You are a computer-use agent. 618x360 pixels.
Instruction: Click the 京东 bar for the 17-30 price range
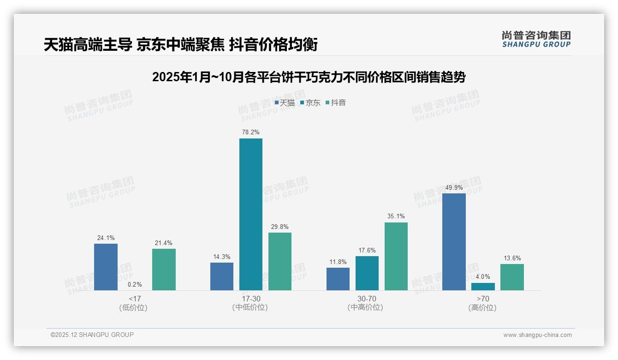(250, 214)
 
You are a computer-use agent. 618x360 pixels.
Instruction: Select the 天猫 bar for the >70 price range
(454, 242)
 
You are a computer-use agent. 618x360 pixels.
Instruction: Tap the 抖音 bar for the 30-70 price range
(396, 256)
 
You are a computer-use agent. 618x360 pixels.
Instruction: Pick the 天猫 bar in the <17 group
(106, 267)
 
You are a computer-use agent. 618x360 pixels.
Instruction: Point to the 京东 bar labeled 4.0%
(483, 287)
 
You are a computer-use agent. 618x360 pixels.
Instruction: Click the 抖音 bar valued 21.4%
(164, 270)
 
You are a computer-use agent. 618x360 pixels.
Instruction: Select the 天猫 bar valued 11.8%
(338, 279)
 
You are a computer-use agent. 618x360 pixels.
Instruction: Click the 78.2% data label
(250, 132)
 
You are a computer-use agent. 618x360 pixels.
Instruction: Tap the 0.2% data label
(135, 284)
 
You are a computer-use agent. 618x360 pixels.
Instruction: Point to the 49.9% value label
(454, 187)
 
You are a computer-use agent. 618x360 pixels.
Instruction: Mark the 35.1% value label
(396, 216)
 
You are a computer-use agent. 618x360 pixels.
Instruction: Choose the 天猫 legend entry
(285, 103)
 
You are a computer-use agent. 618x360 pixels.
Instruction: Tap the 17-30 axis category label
(250, 299)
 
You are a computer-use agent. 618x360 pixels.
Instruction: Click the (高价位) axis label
(483, 308)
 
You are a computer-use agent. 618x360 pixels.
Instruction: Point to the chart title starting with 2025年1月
(309, 77)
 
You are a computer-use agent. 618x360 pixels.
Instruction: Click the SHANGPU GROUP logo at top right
(536, 39)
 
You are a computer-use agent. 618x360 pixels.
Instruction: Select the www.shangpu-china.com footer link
(537, 335)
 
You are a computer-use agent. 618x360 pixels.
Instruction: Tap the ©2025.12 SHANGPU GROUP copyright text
(92, 335)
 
